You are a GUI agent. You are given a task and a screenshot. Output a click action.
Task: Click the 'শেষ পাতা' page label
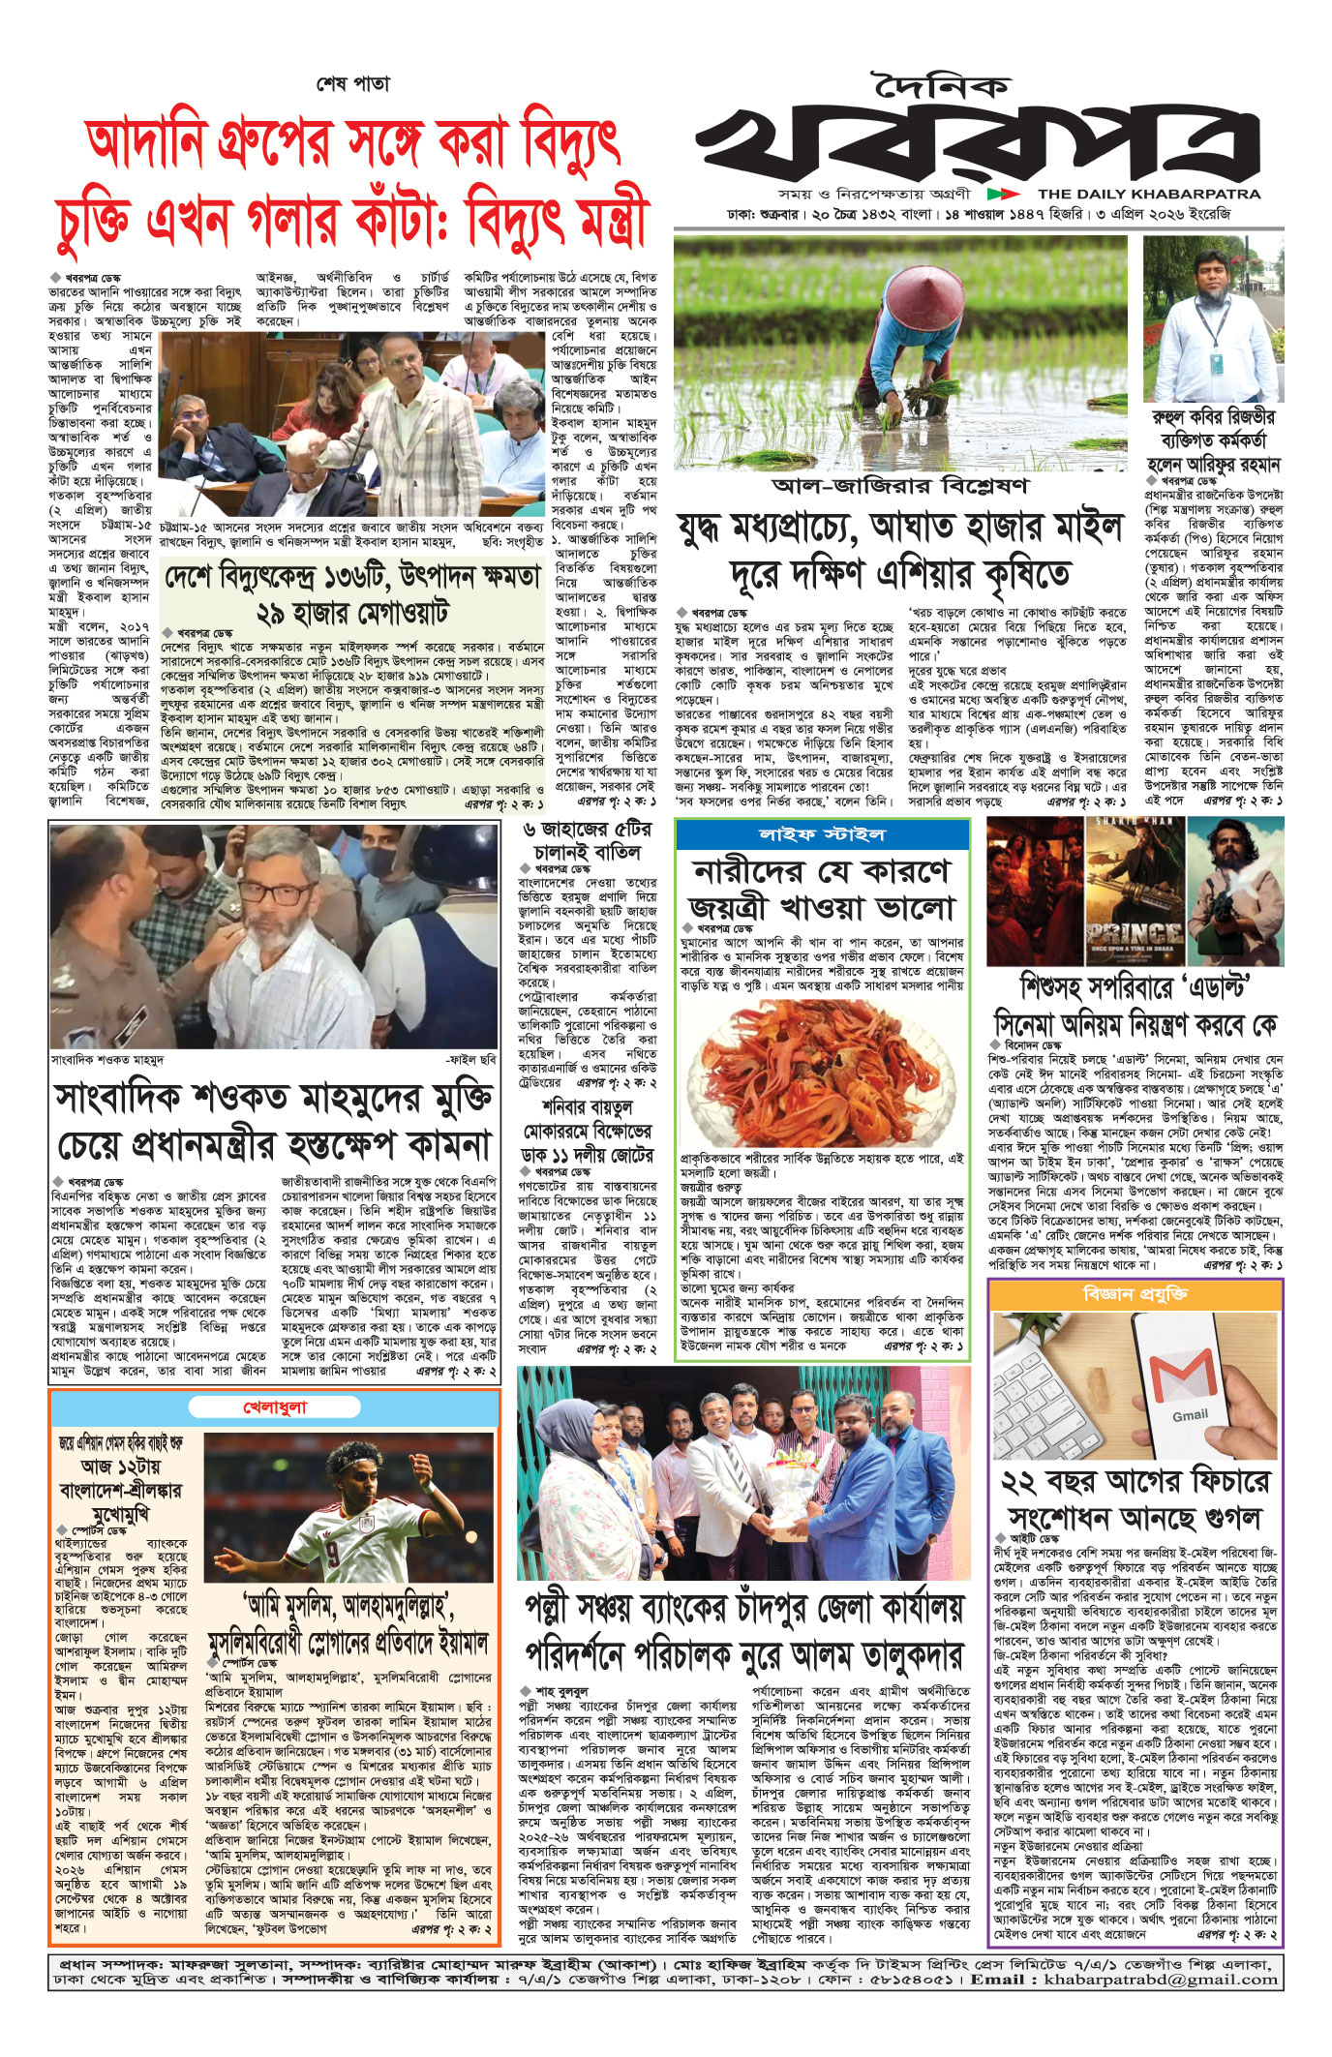(353, 84)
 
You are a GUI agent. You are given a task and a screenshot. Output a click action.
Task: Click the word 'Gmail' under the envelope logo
(1190, 1414)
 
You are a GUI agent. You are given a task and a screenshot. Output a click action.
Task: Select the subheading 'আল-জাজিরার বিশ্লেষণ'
(900, 485)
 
